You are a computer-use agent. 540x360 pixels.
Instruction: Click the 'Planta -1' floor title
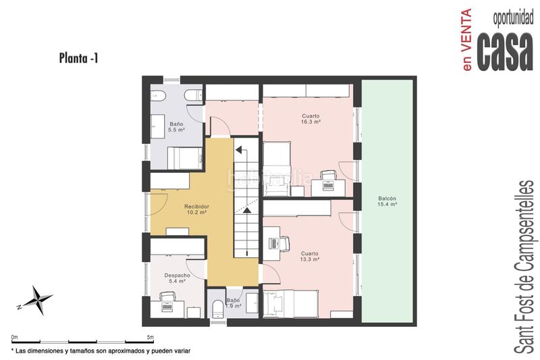click(x=79, y=59)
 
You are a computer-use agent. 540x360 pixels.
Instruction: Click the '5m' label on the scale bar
click(x=148, y=336)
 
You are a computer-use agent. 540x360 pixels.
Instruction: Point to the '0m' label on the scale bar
click(x=15, y=336)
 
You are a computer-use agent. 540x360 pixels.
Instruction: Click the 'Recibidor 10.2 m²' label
click(x=196, y=209)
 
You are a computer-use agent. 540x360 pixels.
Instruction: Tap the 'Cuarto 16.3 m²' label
click(x=310, y=120)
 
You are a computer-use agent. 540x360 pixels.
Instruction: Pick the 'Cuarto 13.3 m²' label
click(x=310, y=256)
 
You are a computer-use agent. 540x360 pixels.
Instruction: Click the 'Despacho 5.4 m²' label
click(x=177, y=278)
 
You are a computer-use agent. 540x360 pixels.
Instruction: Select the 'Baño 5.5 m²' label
click(x=176, y=126)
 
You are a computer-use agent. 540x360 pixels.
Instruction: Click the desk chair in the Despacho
click(x=165, y=296)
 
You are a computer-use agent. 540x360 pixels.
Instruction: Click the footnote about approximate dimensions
click(x=101, y=352)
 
